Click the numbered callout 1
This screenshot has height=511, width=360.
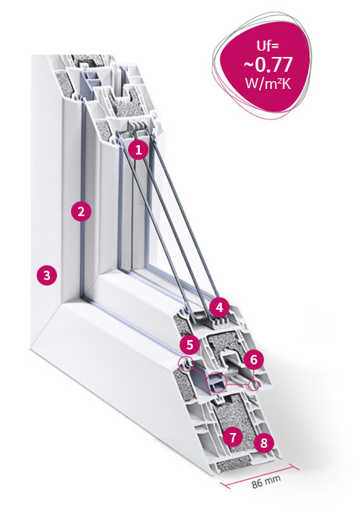[x=138, y=151]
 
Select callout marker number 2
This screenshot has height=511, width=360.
[x=81, y=212]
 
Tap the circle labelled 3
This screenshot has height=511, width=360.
[x=47, y=275]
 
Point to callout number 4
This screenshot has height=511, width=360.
[x=219, y=307]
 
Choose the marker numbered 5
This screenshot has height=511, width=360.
[x=190, y=345]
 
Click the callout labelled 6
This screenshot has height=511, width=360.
[x=254, y=360]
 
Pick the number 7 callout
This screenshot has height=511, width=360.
[x=233, y=438]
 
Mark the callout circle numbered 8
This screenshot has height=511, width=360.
[x=264, y=442]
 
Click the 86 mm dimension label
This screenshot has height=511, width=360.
[x=266, y=481]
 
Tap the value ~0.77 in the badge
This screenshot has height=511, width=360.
[x=267, y=65]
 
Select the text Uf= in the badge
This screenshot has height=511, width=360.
[x=267, y=45]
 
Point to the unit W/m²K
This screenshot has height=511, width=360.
[x=268, y=83]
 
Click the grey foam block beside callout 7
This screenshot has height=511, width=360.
[x=233, y=421]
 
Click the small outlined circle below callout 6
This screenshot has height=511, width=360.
[x=255, y=385]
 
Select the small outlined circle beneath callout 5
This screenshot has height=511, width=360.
[x=185, y=364]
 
